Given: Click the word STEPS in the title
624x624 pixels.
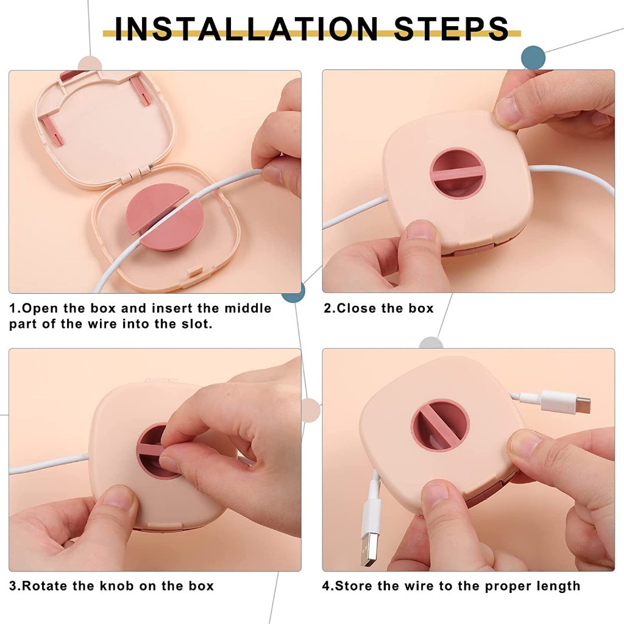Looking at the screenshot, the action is coord(452,29).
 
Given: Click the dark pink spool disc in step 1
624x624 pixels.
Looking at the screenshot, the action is coord(165,217).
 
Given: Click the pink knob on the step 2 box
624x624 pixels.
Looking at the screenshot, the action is coord(458,173).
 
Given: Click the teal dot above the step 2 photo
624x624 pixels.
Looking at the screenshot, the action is coord(533,58).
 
